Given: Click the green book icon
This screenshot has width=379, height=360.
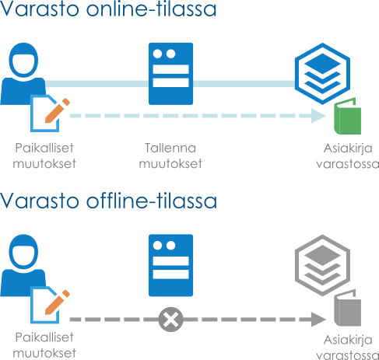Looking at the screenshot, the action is pyautogui.click(x=347, y=116).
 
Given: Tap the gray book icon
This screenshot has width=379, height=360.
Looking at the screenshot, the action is pyautogui.click(x=347, y=308).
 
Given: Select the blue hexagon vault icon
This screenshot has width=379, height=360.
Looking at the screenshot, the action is pyautogui.click(x=322, y=74).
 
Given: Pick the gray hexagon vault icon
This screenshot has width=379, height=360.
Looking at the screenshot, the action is pyautogui.click(x=322, y=265).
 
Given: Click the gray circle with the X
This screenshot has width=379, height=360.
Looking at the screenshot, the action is pyautogui.click(x=170, y=320).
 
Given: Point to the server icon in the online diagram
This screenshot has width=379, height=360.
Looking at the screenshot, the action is pyautogui.click(x=170, y=74).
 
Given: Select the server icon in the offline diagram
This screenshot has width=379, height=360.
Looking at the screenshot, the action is pyautogui.click(x=170, y=265).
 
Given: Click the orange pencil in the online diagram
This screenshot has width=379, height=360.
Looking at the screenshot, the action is pyautogui.click(x=58, y=110).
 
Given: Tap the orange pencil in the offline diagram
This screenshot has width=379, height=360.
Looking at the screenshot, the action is pyautogui.click(x=58, y=302).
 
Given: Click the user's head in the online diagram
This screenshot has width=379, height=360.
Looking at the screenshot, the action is pyautogui.click(x=23, y=60).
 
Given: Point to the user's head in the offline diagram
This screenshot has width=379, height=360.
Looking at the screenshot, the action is pyautogui.click(x=23, y=252).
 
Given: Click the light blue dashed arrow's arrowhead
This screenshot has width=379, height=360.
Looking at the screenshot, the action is pyautogui.click(x=318, y=116).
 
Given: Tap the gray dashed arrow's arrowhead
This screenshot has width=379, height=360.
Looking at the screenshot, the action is pyautogui.click(x=318, y=320).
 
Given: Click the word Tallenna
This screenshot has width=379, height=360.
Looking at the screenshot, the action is pyautogui.click(x=170, y=148).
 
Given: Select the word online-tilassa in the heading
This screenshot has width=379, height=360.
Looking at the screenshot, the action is pyautogui.click(x=151, y=9).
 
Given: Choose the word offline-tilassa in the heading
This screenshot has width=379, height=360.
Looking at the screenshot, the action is pyautogui.click(x=152, y=201).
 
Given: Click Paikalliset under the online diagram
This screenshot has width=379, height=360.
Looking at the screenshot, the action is pyautogui.click(x=44, y=148).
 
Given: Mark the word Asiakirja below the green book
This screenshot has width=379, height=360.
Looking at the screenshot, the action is pyautogui.click(x=348, y=149).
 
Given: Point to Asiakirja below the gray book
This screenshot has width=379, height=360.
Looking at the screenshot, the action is pyautogui.click(x=348, y=340).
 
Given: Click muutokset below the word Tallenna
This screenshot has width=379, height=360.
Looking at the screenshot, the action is pyautogui.click(x=170, y=164).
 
